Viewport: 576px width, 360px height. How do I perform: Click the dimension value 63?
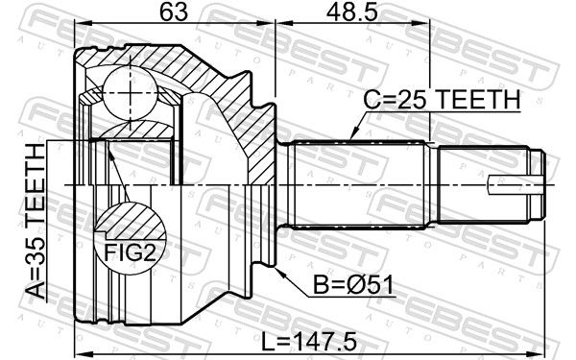174,12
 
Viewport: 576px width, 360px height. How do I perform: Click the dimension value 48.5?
352,12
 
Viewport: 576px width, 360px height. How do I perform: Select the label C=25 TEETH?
442,99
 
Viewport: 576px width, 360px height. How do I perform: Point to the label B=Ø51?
353,285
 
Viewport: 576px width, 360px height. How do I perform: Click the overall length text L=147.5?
309,341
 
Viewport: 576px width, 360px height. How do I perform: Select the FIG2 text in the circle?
131,252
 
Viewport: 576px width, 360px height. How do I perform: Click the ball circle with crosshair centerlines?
131,93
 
